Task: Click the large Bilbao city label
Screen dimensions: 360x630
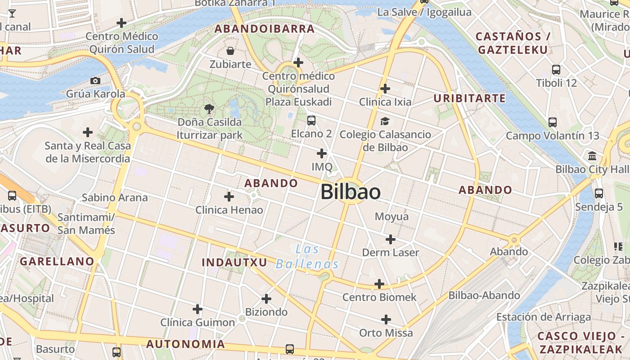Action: tap(351, 192)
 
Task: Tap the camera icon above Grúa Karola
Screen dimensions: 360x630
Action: tap(95, 81)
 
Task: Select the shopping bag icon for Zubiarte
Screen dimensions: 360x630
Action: tap(230, 51)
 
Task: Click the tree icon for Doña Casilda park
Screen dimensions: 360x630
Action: tap(209, 108)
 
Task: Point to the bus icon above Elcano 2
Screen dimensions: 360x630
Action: tap(311, 121)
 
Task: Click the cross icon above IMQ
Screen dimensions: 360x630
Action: tap(322, 153)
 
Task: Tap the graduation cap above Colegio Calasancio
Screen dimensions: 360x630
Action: tap(385, 121)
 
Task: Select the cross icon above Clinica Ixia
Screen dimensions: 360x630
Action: tap(385, 89)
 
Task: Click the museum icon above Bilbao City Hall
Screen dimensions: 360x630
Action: tap(593, 156)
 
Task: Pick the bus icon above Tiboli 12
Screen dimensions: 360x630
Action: tap(556, 70)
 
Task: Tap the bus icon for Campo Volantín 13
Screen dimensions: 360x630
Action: tap(553, 122)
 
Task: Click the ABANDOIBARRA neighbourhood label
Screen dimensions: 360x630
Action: tap(264, 29)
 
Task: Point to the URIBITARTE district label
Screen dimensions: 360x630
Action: tap(469, 98)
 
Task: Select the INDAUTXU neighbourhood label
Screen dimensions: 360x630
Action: tap(234, 262)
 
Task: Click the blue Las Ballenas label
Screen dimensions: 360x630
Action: tap(307, 256)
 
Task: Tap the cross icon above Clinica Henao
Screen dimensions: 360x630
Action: tap(229, 197)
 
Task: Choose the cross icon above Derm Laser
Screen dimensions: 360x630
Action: tap(391, 239)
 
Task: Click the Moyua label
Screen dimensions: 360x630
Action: tap(392, 216)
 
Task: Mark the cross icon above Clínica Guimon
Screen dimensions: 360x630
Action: tap(198, 309)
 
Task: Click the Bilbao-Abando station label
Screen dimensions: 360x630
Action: tap(484, 296)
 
